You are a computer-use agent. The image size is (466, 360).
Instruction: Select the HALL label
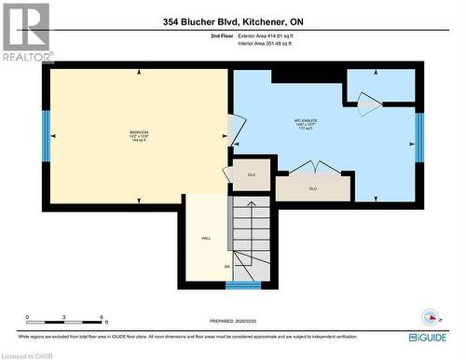[x=205, y=239]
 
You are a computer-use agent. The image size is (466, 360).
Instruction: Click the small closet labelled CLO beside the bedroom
[x=251, y=174]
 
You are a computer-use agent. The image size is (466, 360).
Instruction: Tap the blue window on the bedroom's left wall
[x=45, y=136]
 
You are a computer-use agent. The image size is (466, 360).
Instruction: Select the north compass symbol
[x=431, y=314]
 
